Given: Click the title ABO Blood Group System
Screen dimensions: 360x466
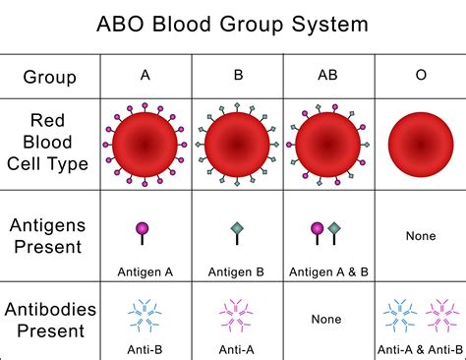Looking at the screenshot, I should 232,23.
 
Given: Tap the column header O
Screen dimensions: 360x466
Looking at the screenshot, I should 421,74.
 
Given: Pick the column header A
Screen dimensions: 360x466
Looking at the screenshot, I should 146,74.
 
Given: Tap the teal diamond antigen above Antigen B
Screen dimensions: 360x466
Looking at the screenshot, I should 236,231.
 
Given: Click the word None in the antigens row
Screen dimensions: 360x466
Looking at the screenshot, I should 421,236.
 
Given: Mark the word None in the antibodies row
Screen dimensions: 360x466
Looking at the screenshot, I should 326,320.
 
